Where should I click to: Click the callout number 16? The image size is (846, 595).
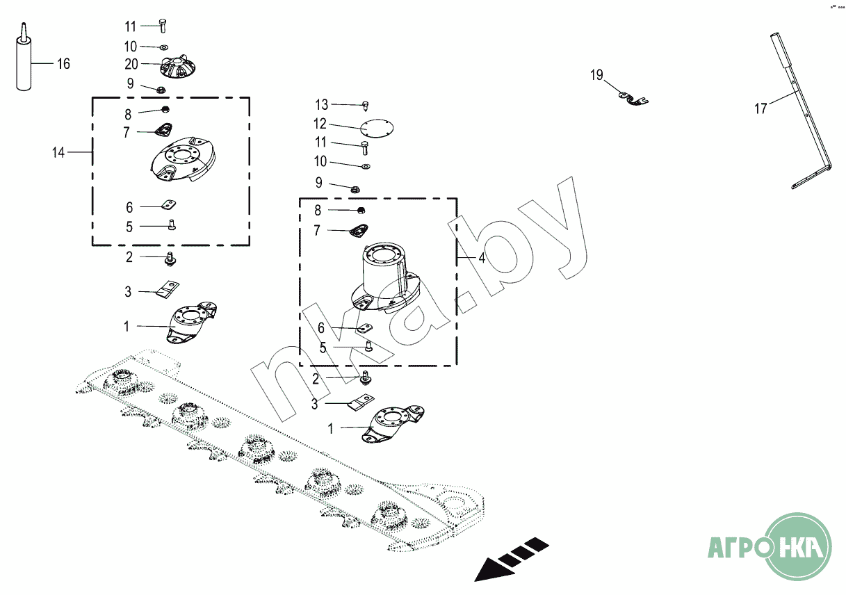point(63,64)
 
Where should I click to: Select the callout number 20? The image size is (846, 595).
point(131,64)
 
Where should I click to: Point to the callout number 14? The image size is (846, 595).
point(58,152)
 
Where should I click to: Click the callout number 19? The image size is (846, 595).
point(597,75)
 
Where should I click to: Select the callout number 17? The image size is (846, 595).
point(761,108)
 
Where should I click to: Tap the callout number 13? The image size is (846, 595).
point(321,105)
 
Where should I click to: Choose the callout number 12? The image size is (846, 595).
point(320,124)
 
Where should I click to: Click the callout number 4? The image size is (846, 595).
point(482,257)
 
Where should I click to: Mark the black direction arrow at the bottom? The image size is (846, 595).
point(511,557)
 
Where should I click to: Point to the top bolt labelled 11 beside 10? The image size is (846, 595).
point(163,26)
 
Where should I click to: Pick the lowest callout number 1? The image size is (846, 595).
point(330,429)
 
